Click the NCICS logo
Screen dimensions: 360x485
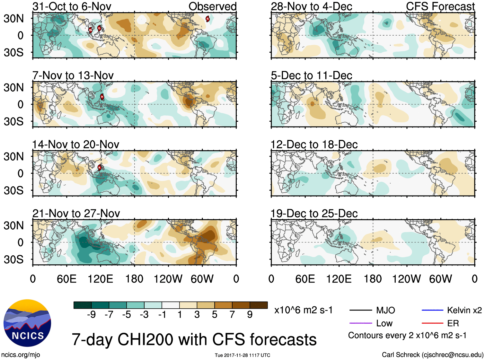tap(27, 323)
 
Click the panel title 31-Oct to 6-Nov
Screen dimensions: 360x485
tap(72, 6)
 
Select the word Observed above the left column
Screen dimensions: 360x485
tap(212, 6)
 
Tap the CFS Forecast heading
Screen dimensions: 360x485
tap(440, 6)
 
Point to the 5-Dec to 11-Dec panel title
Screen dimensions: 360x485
tap(311, 75)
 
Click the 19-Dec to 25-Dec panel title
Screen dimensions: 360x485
tap(314, 214)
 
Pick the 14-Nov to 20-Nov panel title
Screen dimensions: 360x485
tap(75, 145)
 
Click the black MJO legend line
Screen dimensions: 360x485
tap(360, 310)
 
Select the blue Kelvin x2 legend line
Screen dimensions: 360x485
tap(432, 310)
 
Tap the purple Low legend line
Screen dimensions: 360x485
tap(360, 323)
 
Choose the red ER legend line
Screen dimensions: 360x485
tap(432, 323)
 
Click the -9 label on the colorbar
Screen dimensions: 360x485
tap(91, 314)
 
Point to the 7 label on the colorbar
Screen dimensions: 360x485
tap(232, 314)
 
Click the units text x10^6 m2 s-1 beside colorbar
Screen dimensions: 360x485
tap(303, 310)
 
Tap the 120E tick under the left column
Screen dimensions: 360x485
tap(100, 279)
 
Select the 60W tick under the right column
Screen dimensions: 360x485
tap(440, 279)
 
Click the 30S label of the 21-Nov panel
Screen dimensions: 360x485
tap(13, 259)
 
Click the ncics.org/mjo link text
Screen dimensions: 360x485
tap(21, 355)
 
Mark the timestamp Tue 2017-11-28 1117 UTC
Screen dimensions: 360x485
tap(242, 355)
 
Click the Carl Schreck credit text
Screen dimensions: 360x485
tap(432, 355)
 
